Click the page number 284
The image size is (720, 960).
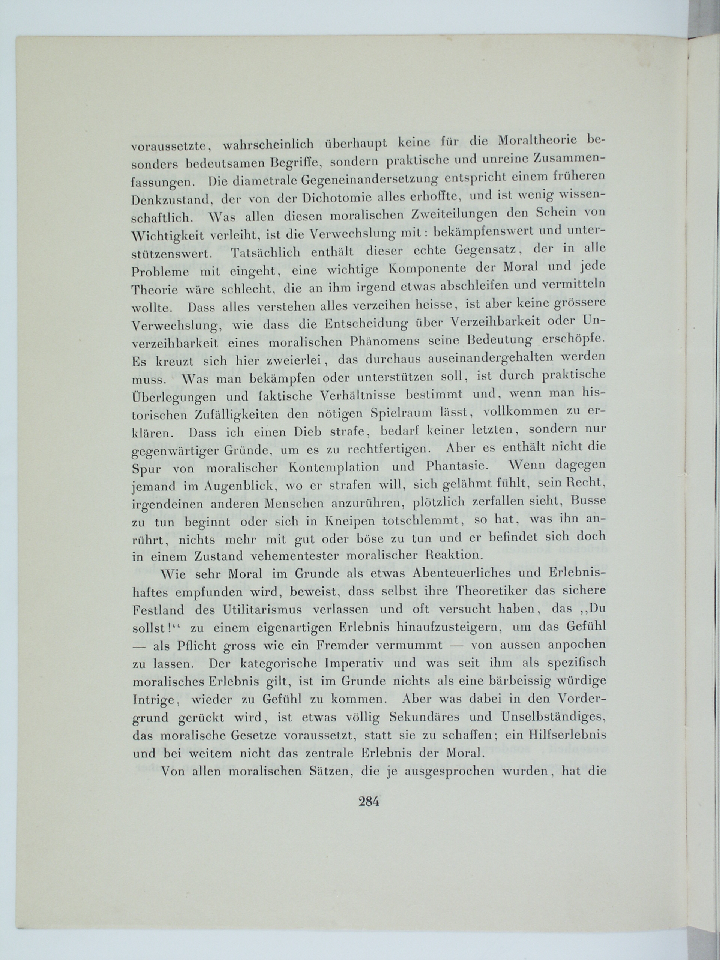(x=369, y=802)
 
